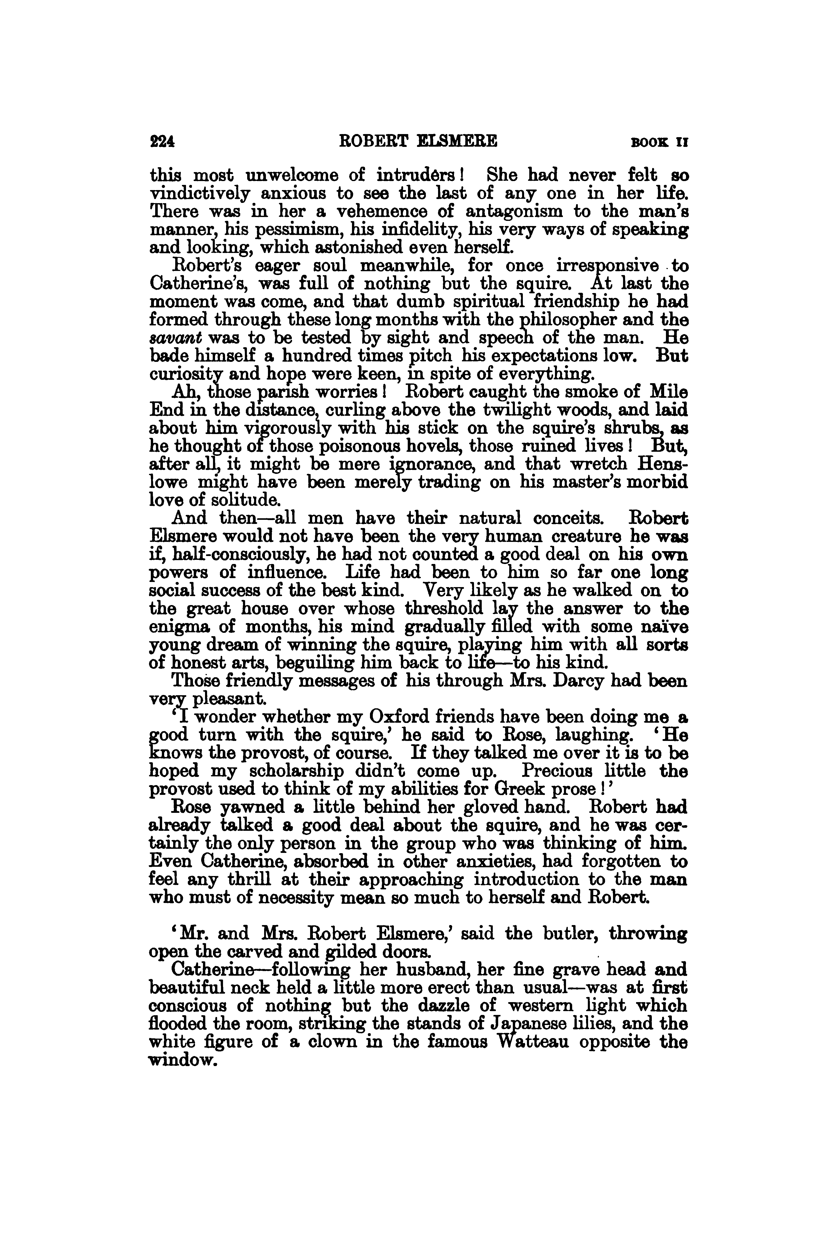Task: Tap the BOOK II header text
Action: pyautogui.click(x=659, y=143)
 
